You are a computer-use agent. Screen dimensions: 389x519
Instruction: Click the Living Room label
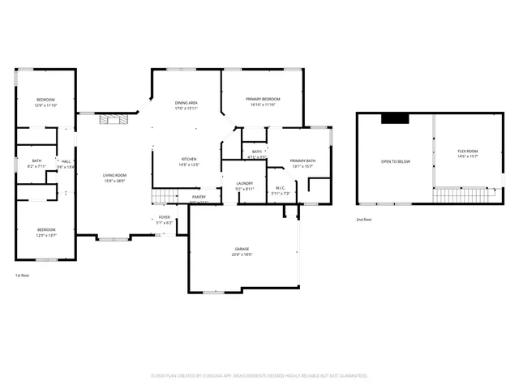pyautogui.click(x=114, y=175)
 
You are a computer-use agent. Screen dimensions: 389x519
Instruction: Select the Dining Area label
pyautogui.click(x=187, y=103)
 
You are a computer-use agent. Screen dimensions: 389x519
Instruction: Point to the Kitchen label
pyautogui.click(x=189, y=160)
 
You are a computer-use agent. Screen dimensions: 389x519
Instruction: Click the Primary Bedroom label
pyautogui.click(x=263, y=99)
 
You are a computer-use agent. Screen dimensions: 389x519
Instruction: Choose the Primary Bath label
pyautogui.click(x=302, y=161)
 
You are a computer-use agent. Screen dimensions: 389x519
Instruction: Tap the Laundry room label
pyautogui.click(x=245, y=184)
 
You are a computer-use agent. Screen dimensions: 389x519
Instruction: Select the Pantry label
pyautogui.click(x=199, y=197)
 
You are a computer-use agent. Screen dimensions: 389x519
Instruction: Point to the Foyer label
pyautogui.click(x=164, y=217)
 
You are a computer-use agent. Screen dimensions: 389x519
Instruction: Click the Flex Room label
pyautogui.click(x=467, y=152)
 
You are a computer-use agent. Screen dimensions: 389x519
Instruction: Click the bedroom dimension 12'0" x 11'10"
pyautogui.click(x=45, y=105)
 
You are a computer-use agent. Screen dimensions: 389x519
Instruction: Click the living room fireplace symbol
pyautogui.click(x=109, y=120)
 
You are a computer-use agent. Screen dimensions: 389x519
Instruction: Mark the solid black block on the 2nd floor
pyautogui.click(x=396, y=118)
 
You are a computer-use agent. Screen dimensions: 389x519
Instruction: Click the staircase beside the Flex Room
pyautogui.click(x=463, y=194)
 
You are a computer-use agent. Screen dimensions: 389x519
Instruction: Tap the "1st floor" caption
pyautogui.click(x=24, y=276)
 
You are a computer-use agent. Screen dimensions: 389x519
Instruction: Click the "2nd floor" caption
pyautogui.click(x=364, y=220)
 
